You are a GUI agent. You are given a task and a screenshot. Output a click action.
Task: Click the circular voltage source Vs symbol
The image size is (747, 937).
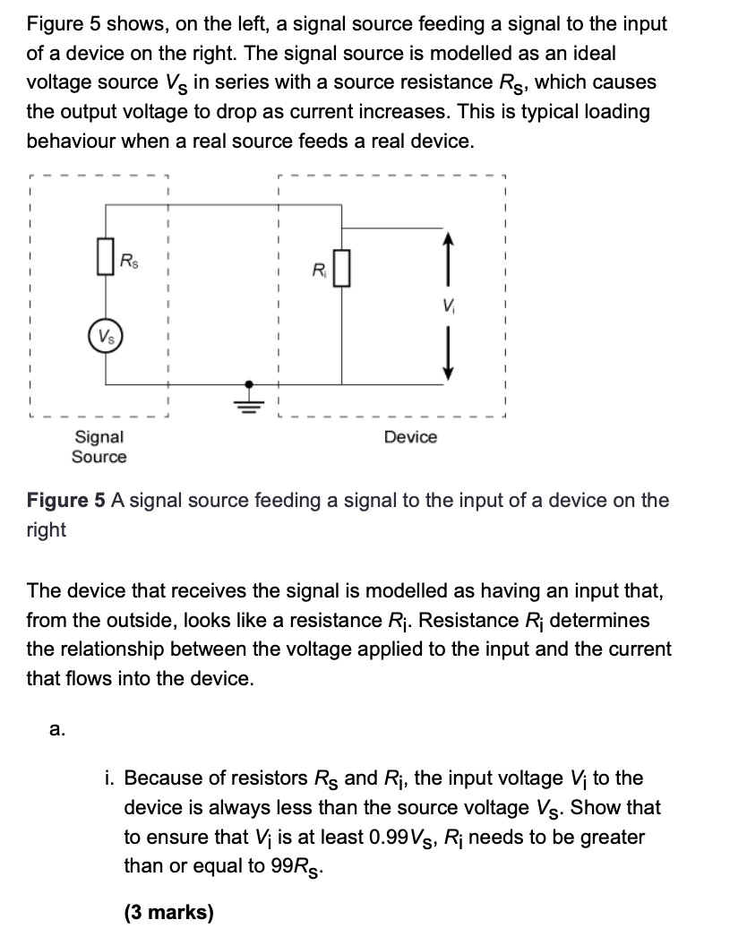coord(106,340)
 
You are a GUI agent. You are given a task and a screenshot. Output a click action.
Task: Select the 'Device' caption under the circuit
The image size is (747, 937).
coord(410,437)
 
